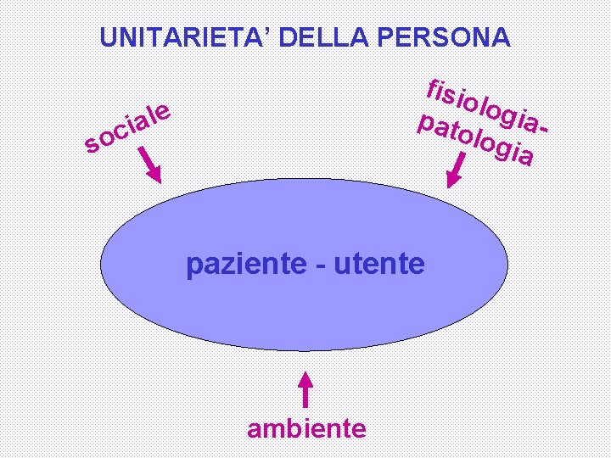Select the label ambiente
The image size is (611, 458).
point(306,428)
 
